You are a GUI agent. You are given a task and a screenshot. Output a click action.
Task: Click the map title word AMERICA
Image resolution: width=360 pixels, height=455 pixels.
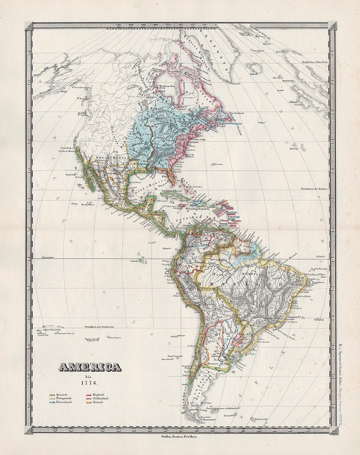click(x=90, y=367)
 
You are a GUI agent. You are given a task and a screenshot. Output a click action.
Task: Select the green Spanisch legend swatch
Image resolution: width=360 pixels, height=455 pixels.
click(x=52, y=395)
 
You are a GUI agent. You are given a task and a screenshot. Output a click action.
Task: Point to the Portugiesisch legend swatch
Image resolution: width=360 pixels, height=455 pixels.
click(x=52, y=398)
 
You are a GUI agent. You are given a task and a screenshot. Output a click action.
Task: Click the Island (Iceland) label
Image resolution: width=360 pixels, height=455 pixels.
click(x=253, y=74)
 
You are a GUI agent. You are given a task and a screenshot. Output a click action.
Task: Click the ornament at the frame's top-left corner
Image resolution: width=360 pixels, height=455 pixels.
click(x=29, y=26)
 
